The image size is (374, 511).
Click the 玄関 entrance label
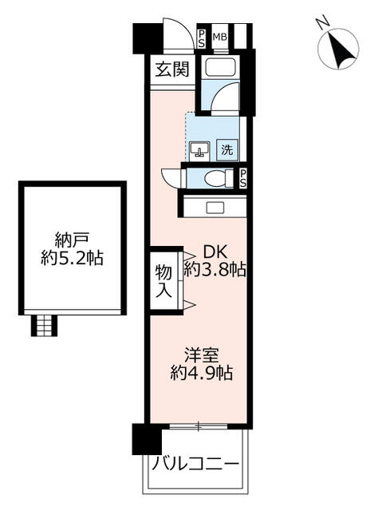[x=172, y=69]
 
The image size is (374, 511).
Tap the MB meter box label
[x=220, y=38]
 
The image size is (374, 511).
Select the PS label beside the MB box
[x=202, y=39]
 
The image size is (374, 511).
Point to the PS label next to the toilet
[x=243, y=179]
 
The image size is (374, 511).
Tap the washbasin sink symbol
[x=199, y=150]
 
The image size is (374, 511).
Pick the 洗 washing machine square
[x=227, y=149]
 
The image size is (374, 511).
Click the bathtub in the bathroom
[x=220, y=67]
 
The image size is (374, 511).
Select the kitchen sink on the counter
[x=215, y=207]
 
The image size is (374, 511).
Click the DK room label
[x=215, y=252]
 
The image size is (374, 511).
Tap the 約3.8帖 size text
[x=215, y=270]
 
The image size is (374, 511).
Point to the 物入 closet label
[x=163, y=281]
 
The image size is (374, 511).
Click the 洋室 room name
[x=202, y=355]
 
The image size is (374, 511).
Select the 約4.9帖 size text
[x=202, y=373]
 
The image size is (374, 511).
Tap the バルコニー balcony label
[x=195, y=463]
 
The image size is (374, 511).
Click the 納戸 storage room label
[x=72, y=241]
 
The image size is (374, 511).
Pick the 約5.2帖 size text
[x=72, y=258]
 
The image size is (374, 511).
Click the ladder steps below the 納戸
[x=45, y=325]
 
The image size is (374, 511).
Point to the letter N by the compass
[x=323, y=23]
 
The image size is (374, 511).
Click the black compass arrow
[x=341, y=50]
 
